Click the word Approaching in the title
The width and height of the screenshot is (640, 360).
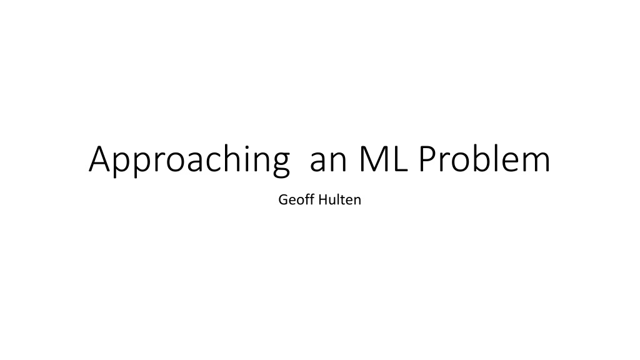pyautogui.click(x=189, y=159)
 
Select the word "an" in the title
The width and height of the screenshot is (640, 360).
pyautogui.click(x=328, y=162)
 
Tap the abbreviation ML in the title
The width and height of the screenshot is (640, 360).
pyautogui.click(x=383, y=159)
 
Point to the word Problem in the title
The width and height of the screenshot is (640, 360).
pyautogui.click(x=484, y=158)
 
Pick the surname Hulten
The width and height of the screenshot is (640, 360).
pyautogui.click(x=339, y=199)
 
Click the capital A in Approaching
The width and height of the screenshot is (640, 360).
pyautogui.click(x=100, y=159)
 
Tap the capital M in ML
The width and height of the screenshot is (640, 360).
pyautogui.click(x=374, y=159)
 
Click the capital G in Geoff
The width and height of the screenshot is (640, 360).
pyautogui.click(x=283, y=199)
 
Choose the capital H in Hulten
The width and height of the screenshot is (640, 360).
pyautogui.click(x=323, y=199)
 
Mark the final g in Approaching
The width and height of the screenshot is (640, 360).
pyautogui.click(x=280, y=165)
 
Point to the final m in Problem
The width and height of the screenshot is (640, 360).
pyautogui.click(x=534, y=162)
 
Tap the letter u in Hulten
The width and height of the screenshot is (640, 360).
pyautogui.click(x=334, y=201)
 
